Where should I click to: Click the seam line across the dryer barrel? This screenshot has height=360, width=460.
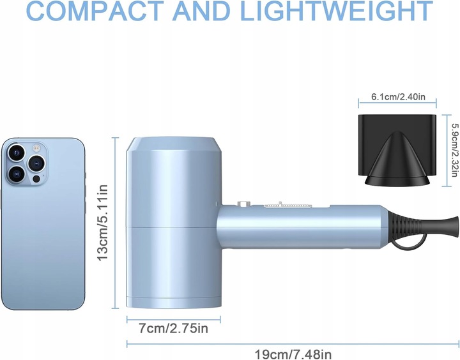coord(172,227)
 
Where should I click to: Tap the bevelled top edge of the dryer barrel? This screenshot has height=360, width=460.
coord(172,144)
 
